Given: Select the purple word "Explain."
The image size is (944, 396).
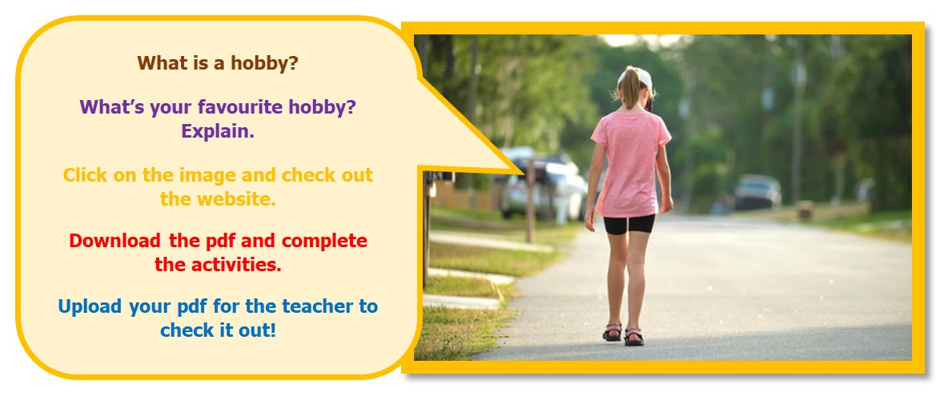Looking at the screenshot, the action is click(218, 131).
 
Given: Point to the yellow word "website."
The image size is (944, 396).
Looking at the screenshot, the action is click(236, 199).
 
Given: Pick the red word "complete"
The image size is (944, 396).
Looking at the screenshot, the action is click(324, 242).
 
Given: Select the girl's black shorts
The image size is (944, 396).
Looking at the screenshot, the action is click(629, 225).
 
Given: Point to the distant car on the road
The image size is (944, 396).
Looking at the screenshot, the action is click(757, 191).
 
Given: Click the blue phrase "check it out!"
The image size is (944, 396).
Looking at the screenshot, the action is click(218, 330).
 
